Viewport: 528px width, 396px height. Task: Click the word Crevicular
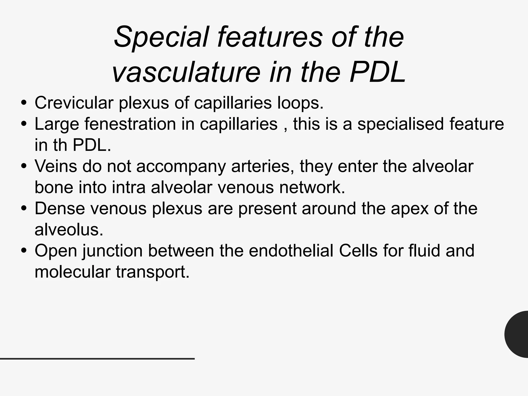74,103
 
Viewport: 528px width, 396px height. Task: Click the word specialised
400,124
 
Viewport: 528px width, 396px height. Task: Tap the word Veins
56,166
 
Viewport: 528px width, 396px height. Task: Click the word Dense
60,209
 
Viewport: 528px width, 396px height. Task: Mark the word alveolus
69,230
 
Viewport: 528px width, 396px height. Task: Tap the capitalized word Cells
358,251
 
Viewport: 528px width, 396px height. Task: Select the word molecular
72,272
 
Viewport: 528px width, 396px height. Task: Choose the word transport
153,272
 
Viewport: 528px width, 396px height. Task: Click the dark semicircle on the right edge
517,334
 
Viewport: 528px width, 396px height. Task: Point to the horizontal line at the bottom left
97,359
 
